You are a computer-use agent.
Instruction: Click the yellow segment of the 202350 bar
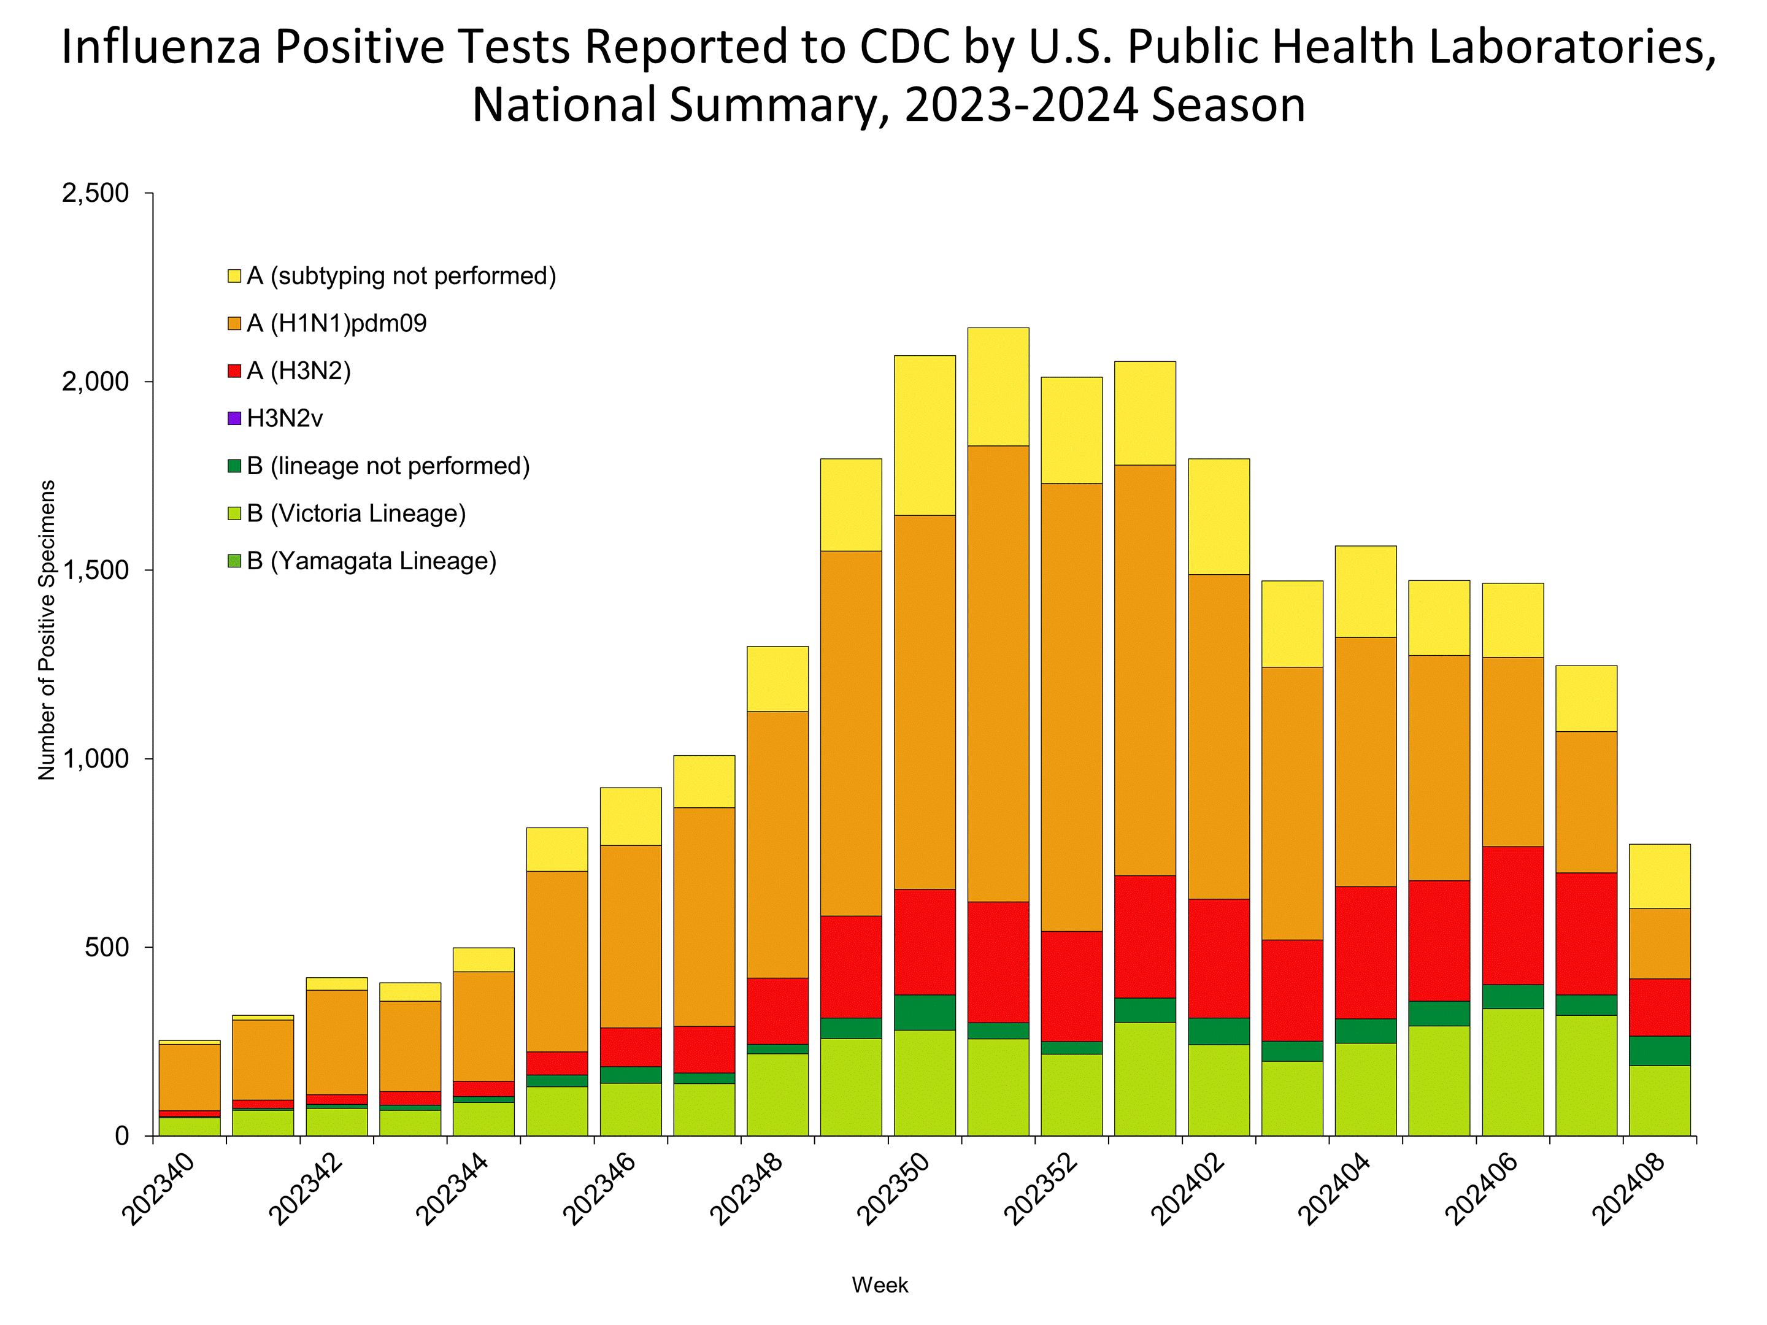point(924,436)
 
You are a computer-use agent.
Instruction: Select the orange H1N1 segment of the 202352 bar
point(1071,707)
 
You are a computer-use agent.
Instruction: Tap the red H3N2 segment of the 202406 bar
point(1512,915)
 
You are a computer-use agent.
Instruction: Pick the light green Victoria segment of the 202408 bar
point(1659,1100)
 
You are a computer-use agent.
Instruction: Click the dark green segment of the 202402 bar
point(1218,1031)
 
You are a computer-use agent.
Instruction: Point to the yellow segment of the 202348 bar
point(777,679)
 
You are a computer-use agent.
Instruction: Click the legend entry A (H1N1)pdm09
point(336,323)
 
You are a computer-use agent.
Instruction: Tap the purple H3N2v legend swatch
point(234,418)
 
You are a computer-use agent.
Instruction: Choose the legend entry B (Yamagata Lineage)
point(371,561)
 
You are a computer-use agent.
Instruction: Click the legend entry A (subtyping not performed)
point(401,276)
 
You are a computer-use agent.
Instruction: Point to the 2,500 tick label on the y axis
point(95,193)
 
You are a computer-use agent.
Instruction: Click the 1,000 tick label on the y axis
point(95,759)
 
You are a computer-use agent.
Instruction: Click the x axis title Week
point(879,1285)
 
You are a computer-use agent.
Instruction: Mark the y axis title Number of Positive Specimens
point(47,629)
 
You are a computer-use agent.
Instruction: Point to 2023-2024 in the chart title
point(1021,105)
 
